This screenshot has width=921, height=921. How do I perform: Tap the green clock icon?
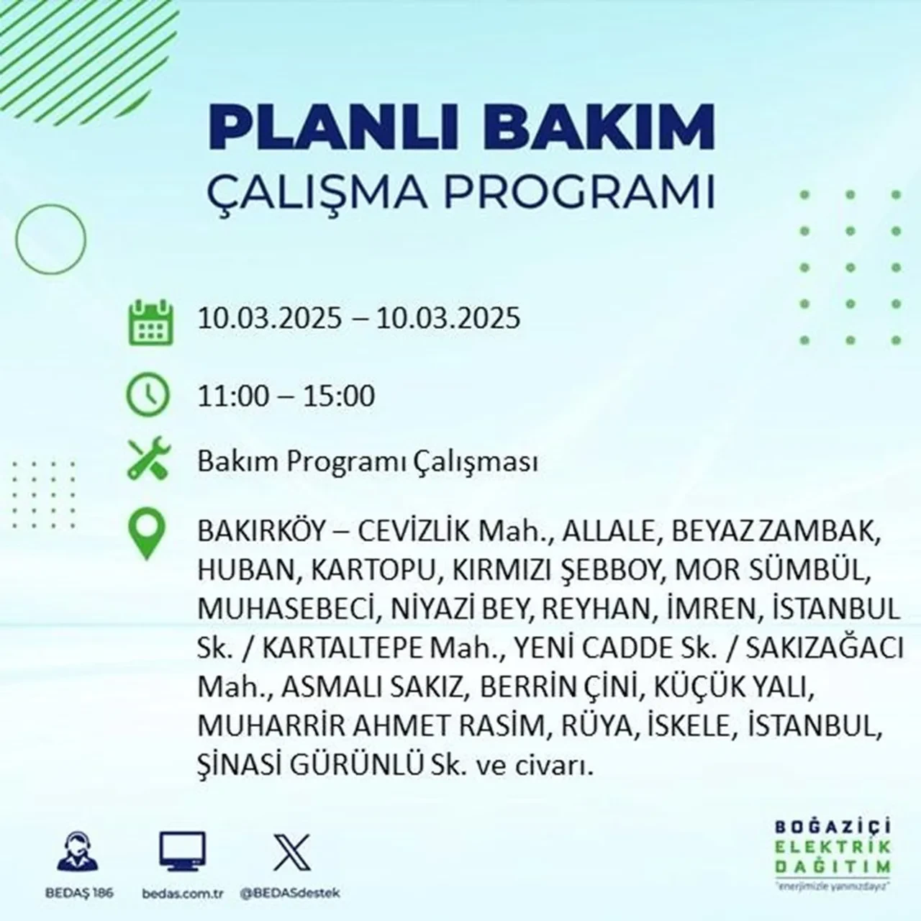148,395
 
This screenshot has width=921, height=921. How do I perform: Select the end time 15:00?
340,396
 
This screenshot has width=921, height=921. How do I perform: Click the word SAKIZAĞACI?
825,648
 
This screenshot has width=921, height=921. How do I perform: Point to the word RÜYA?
590,727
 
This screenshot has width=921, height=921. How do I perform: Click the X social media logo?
292,853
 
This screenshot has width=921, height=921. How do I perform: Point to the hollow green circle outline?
50,237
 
